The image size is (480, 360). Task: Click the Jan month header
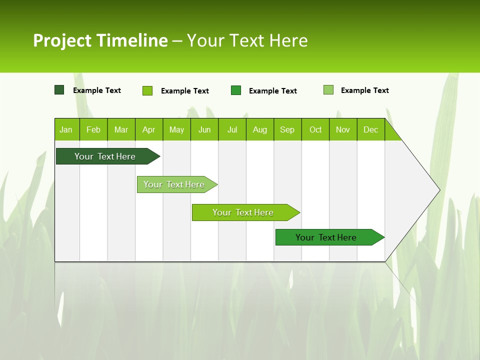click(66, 130)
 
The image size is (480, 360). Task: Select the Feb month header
click(93, 130)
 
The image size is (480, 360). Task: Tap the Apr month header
click(149, 130)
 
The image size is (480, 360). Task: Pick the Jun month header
click(204, 130)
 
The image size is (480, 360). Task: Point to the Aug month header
click(260, 130)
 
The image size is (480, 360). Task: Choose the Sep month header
click(287, 130)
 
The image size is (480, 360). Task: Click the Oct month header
click(315, 130)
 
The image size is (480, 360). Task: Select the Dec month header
click(371, 130)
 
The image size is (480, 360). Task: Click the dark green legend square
click(59, 90)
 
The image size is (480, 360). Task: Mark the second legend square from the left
click(147, 90)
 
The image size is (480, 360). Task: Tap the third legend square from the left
click(236, 90)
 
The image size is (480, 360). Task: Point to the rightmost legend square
click(328, 90)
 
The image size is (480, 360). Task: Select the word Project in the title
click(62, 40)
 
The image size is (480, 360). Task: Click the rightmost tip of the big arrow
click(439, 190)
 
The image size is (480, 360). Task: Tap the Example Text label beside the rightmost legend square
click(364, 90)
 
